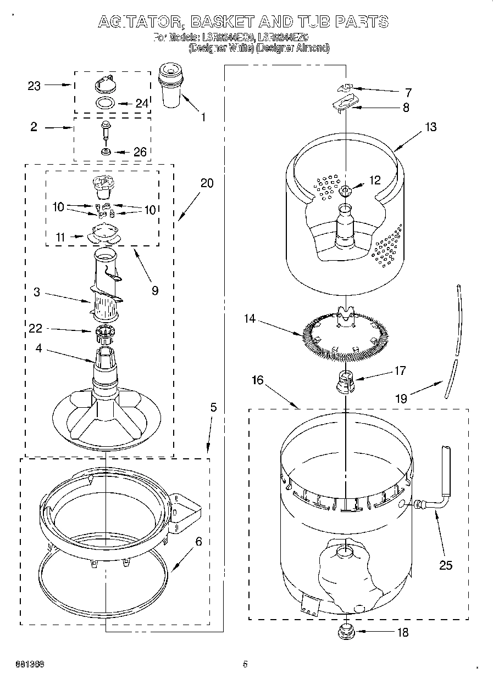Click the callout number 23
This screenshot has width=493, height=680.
(x=34, y=86)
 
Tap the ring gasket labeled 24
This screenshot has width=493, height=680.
(x=104, y=103)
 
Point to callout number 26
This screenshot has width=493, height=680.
(x=140, y=152)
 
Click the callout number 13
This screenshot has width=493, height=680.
(x=430, y=127)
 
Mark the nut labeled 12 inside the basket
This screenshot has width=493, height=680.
(x=345, y=191)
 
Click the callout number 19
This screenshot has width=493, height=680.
(x=401, y=398)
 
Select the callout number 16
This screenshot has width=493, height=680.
(x=258, y=380)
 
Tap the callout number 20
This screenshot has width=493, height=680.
(x=207, y=184)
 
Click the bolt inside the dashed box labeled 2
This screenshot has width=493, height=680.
(x=104, y=131)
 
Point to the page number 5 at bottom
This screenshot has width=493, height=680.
(x=245, y=664)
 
